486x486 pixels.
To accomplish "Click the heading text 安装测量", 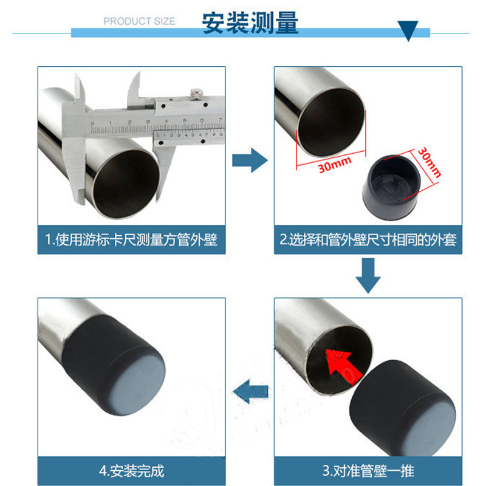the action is coord(250,22).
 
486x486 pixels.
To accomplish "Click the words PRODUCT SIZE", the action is coord(139,21).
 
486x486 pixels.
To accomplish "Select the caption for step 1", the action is coord(131,239).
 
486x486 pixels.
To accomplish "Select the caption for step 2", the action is coord(368,239).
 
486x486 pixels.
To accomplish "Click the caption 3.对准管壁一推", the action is coord(368,471).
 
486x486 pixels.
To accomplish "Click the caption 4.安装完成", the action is coord(131,471).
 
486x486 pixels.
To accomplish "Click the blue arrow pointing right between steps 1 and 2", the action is coord(250,160).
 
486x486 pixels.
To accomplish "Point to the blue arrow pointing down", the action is coord(368,276).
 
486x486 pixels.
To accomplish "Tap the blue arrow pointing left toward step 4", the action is coord(250,391).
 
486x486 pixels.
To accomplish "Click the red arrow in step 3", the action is coord(343,366).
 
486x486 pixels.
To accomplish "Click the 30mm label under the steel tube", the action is coord(335,165).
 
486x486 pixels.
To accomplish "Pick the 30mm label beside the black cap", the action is coord(430,162).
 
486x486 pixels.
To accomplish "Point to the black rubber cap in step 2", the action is coord(391,187).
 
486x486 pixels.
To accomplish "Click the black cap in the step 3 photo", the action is coord(403,408).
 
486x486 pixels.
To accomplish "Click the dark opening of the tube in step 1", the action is coord(126,183).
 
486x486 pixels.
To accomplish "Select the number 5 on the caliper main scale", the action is coord(185,120).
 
